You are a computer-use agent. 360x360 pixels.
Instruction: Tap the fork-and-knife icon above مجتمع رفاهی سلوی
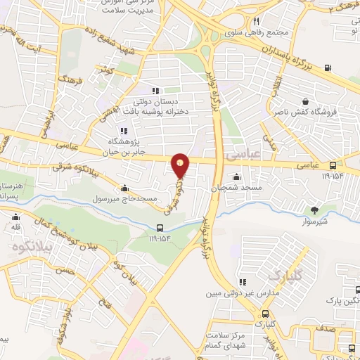(257, 22)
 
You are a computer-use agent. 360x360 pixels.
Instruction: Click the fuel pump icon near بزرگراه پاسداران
(328, 67)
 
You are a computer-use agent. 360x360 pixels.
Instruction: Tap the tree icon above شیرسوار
(314, 209)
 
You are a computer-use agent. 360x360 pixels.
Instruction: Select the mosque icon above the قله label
(15, 217)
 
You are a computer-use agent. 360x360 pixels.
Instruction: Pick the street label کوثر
(107, 70)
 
